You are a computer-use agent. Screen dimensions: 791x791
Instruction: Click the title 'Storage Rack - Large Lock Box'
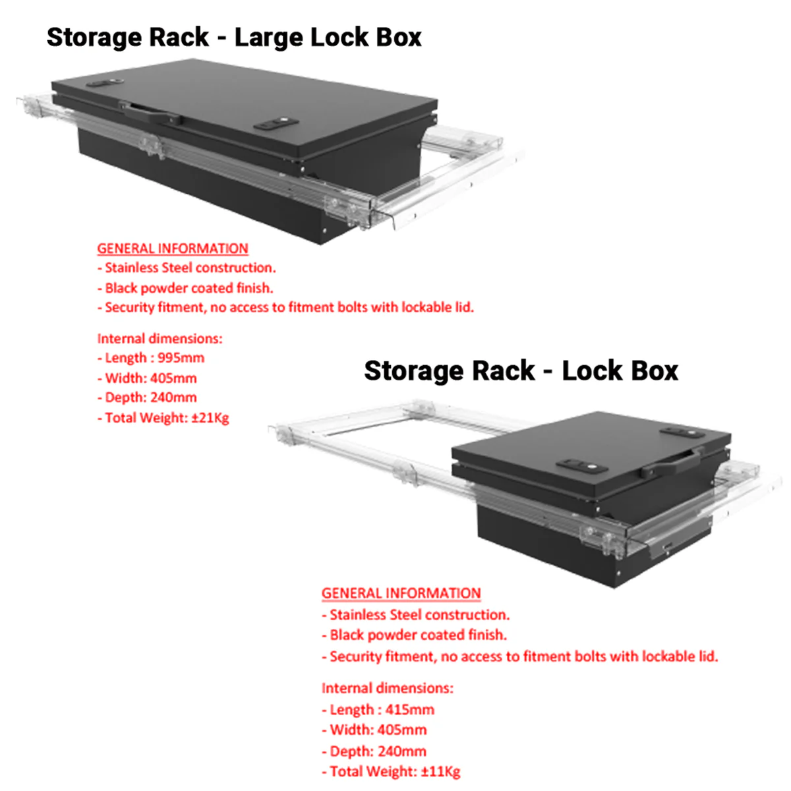pos(234,38)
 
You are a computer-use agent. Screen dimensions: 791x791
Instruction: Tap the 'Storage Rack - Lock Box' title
pos(521,371)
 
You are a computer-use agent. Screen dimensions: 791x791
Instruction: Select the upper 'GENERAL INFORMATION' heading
pos(173,249)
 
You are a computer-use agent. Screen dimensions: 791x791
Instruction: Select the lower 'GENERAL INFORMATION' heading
pos(401,593)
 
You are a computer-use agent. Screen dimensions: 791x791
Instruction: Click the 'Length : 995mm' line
pos(151,358)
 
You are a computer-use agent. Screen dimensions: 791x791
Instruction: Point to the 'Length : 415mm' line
pos(378,710)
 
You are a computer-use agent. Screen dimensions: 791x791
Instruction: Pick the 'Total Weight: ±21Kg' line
pos(163,418)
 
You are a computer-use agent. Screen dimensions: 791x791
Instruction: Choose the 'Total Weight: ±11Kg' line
pos(392,772)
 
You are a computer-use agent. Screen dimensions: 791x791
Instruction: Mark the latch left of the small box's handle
pos(582,466)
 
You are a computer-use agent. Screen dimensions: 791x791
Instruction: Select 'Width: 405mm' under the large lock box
pos(147,378)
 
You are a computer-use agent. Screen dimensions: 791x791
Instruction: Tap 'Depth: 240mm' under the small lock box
pos(374,751)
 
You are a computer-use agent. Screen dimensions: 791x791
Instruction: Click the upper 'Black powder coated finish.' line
pos(185,288)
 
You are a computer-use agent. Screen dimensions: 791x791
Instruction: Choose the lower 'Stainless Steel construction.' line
pos(416,615)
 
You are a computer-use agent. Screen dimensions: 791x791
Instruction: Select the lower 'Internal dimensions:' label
pos(387,688)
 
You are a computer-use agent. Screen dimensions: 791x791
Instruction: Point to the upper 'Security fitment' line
pos(285,307)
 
